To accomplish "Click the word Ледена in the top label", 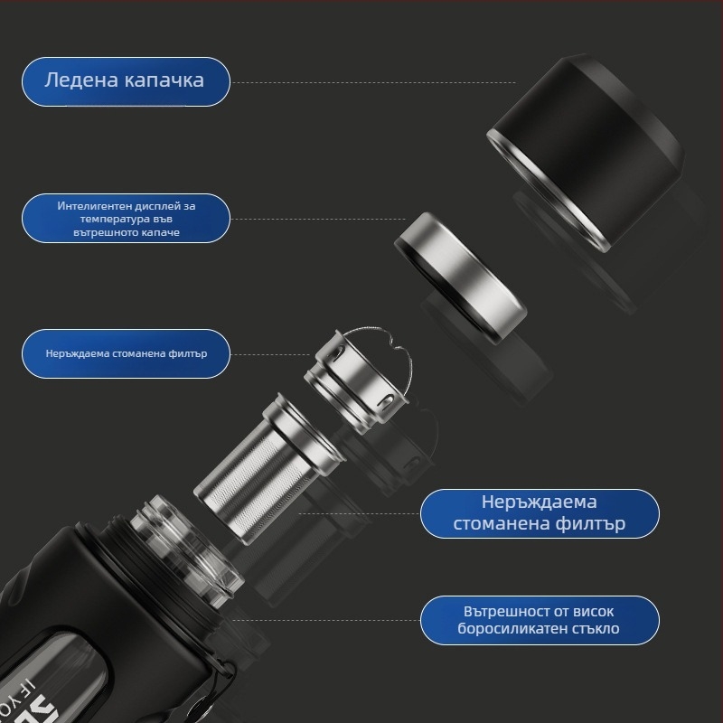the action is pos(81,80).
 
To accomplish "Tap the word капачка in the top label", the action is pos(164,81).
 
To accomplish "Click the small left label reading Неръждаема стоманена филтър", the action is pos(126,353).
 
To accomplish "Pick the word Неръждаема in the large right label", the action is pos(539,502).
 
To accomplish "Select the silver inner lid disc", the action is pos(461,277).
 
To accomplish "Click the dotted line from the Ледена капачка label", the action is pos(373,83).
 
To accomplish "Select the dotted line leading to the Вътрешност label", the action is pos(325,620).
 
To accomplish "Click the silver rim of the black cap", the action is pos(549,193).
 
